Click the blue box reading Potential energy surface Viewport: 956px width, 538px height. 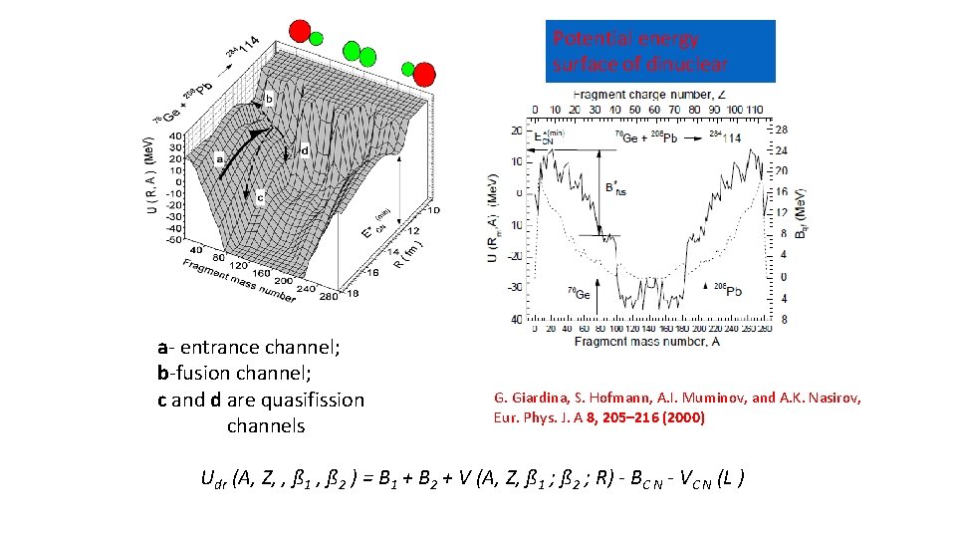[x=659, y=51]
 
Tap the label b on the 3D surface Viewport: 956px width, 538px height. [x=268, y=100]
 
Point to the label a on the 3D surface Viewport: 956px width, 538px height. [x=219, y=157]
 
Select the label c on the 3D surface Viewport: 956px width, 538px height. [x=261, y=196]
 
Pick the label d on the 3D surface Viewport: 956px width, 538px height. [x=304, y=151]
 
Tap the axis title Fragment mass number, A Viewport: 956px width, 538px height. [x=648, y=342]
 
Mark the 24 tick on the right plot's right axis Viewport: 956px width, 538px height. [x=782, y=150]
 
